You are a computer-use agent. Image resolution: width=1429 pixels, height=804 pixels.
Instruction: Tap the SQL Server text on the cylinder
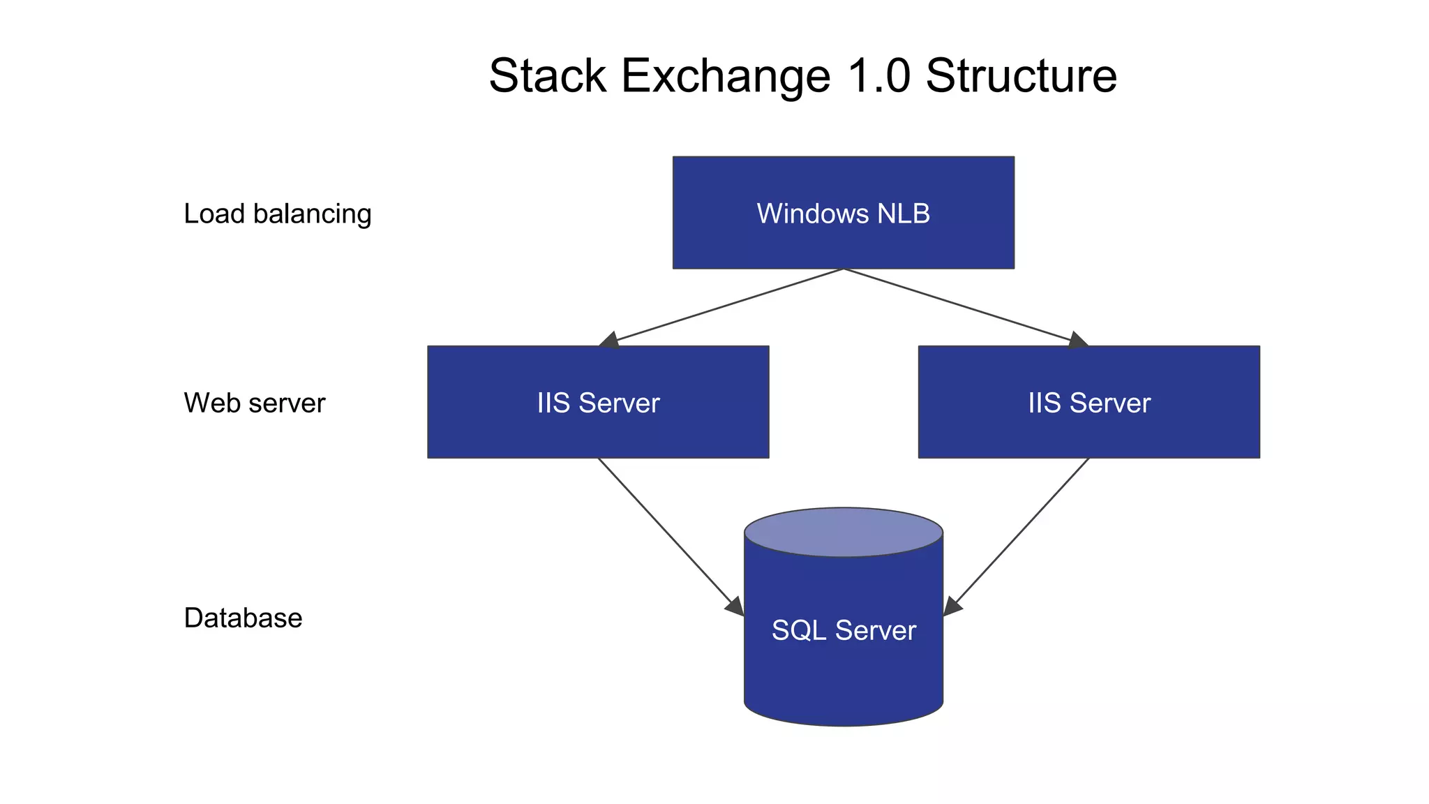(x=843, y=630)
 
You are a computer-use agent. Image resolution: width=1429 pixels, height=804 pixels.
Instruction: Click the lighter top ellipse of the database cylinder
(x=843, y=532)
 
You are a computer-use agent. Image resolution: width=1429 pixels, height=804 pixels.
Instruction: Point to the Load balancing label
(x=277, y=214)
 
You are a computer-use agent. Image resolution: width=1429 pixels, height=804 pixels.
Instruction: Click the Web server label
(x=254, y=403)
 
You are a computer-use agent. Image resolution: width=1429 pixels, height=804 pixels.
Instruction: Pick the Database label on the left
(x=243, y=618)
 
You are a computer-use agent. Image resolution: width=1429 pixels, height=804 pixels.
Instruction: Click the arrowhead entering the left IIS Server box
(x=609, y=341)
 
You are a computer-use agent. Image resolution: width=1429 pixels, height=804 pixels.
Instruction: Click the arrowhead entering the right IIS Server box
(x=1077, y=341)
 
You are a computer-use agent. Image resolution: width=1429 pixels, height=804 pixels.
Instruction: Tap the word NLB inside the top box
(x=904, y=214)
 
